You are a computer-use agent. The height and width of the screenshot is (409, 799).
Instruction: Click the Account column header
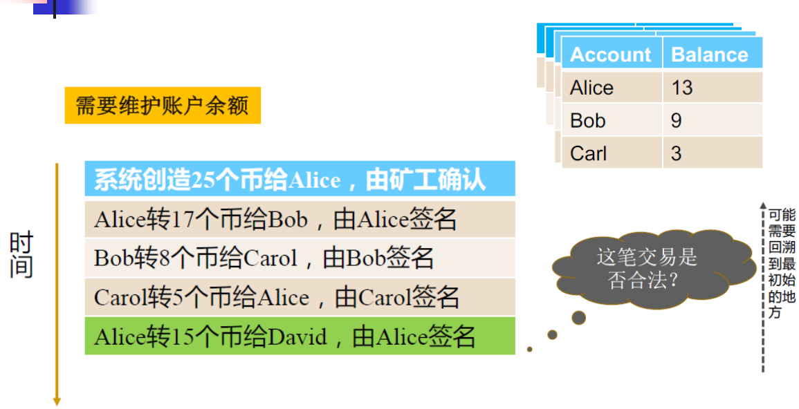[611, 55]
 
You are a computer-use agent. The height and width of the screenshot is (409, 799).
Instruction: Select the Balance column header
[710, 55]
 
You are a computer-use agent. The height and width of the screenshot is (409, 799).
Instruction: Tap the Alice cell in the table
[611, 88]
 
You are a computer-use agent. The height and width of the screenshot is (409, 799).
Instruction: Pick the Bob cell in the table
[611, 120]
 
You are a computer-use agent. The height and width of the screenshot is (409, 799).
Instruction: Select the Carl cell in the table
[611, 153]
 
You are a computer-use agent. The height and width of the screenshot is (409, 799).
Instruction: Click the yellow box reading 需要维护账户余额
[163, 106]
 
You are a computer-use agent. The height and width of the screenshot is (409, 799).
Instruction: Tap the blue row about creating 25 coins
[300, 180]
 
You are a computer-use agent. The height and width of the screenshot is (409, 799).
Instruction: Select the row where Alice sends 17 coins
[300, 219]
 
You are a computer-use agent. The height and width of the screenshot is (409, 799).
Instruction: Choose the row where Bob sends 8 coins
[300, 258]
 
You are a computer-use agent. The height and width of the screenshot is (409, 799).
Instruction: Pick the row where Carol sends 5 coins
[300, 297]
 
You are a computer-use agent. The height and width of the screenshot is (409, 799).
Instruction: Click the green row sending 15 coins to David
[300, 336]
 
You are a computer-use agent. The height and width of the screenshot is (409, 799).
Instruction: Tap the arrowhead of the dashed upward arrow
[763, 207]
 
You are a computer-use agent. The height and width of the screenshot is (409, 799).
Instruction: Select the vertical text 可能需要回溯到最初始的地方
[782, 263]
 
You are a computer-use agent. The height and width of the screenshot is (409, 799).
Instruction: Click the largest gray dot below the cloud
[578, 318]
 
